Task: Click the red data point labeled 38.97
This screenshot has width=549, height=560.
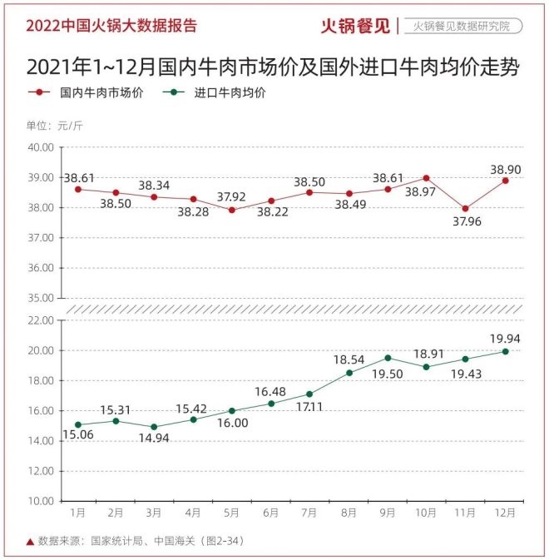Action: tap(426, 178)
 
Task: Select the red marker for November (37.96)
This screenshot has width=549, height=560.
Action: tap(465, 208)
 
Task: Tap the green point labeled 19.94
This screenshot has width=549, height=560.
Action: tap(505, 351)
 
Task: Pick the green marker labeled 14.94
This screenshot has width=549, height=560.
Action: tap(155, 427)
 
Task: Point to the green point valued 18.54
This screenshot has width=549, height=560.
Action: tap(349, 373)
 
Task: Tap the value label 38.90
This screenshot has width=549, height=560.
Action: tap(506, 166)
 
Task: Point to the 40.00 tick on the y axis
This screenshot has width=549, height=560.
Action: tap(41, 147)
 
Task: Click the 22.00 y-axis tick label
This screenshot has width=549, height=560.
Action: tap(41, 320)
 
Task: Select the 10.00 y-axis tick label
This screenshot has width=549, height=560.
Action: tap(41, 501)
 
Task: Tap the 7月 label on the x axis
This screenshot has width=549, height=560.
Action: tap(308, 513)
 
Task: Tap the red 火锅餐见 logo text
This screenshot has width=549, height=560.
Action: tap(356, 25)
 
